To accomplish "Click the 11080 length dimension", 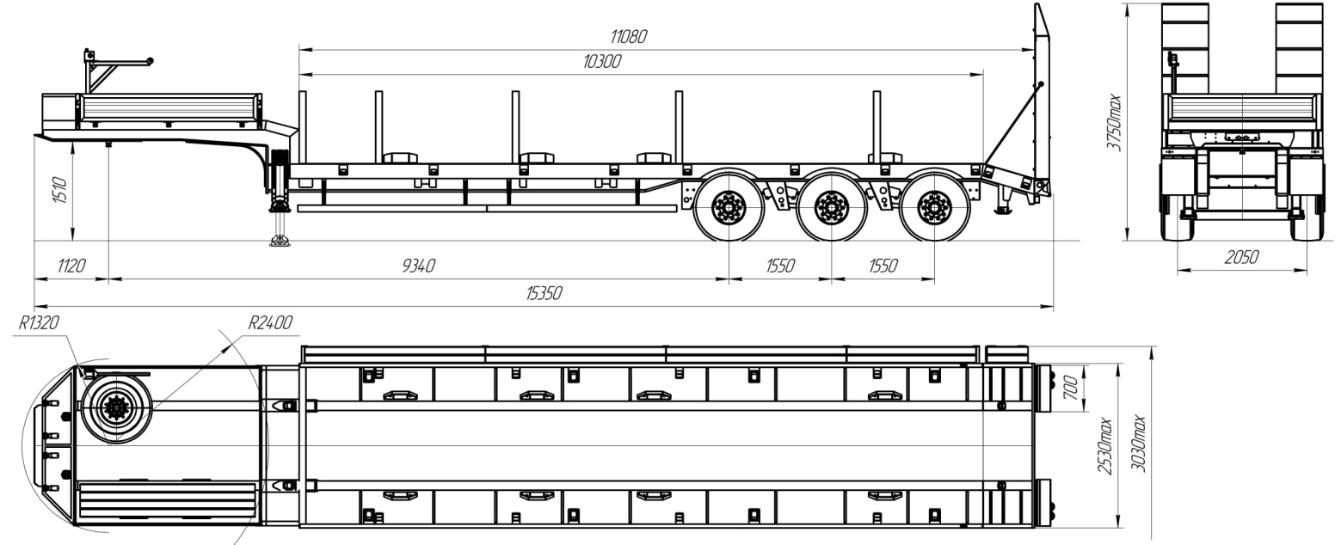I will click(x=628, y=36).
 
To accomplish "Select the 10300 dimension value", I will click(x=601, y=62).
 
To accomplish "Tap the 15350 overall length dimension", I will click(x=543, y=294).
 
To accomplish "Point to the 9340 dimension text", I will click(x=418, y=266).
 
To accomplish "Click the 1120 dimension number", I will click(x=71, y=266).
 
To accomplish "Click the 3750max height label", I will click(x=1115, y=122).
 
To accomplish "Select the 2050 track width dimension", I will click(x=1240, y=257).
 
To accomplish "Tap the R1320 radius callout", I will click(x=38, y=323).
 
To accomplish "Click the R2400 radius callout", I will click(x=269, y=323).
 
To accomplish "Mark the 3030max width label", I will click(x=1138, y=443).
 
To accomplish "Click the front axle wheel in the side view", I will click(x=729, y=207).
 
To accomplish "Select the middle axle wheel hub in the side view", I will click(x=831, y=207).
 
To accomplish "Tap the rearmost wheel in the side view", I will click(x=932, y=207).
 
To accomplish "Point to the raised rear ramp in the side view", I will click(x=1041, y=95).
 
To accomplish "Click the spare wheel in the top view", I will click(x=116, y=407).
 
